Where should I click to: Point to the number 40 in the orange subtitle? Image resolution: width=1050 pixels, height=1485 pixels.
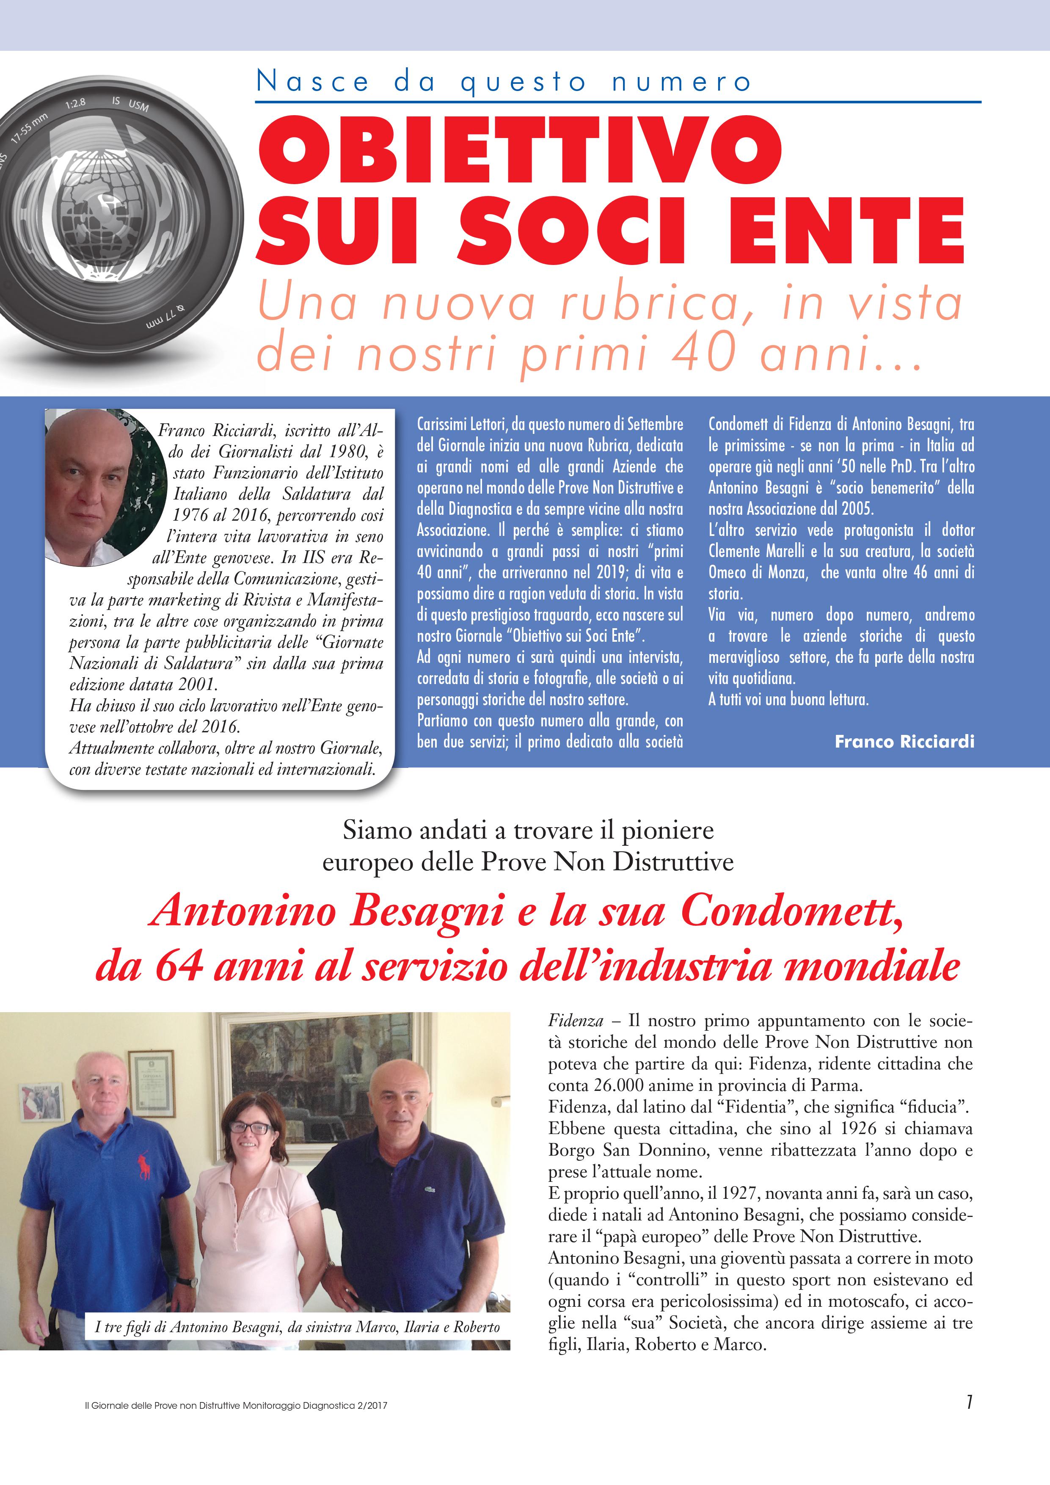(x=706, y=353)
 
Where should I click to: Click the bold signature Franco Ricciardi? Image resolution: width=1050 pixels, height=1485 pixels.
(x=904, y=741)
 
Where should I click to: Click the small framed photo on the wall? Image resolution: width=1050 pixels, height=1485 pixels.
(x=41, y=1102)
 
